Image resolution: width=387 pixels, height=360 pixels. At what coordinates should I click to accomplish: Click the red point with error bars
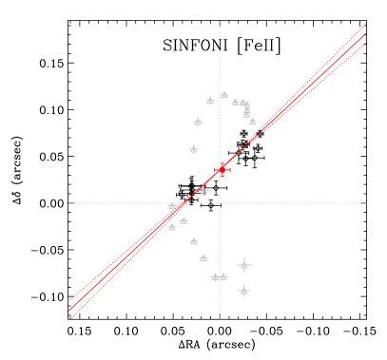point(223,169)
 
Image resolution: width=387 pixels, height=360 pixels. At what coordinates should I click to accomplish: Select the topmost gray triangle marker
point(224,95)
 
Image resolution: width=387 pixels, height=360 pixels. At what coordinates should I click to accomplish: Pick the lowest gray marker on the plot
point(243,291)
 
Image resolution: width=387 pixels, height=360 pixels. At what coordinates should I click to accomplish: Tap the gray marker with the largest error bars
point(243,265)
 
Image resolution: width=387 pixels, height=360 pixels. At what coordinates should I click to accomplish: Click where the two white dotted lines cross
point(220,202)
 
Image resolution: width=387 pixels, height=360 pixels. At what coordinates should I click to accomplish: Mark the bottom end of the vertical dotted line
point(220,318)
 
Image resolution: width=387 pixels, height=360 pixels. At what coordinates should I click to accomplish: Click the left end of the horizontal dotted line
point(69,202)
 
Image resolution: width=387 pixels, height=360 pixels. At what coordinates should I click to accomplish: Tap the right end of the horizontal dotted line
point(366,202)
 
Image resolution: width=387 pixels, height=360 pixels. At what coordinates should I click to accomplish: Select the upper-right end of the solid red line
point(366,32)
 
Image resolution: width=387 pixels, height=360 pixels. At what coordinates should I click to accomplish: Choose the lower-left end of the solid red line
point(69,311)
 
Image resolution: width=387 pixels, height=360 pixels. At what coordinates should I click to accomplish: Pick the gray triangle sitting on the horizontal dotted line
point(172,205)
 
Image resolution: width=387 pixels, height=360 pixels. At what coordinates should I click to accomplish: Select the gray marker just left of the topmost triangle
point(210,100)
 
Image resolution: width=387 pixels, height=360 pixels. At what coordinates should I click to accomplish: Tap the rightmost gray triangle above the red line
point(252,121)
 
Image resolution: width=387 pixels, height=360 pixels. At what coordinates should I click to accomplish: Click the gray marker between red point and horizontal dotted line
point(203,191)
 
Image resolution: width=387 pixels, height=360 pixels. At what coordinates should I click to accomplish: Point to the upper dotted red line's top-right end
point(366,23)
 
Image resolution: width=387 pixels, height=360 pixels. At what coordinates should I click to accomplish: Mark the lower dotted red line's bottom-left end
point(69,318)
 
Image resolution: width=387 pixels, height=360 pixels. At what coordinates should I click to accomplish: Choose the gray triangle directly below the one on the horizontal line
point(172,227)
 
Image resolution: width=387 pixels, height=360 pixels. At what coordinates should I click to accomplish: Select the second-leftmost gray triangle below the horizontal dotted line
point(183,221)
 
